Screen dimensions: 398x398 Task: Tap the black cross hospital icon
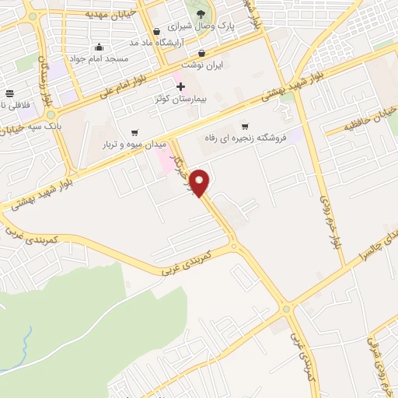pos(181,86)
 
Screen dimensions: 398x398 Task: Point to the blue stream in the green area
pos(26,342)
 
